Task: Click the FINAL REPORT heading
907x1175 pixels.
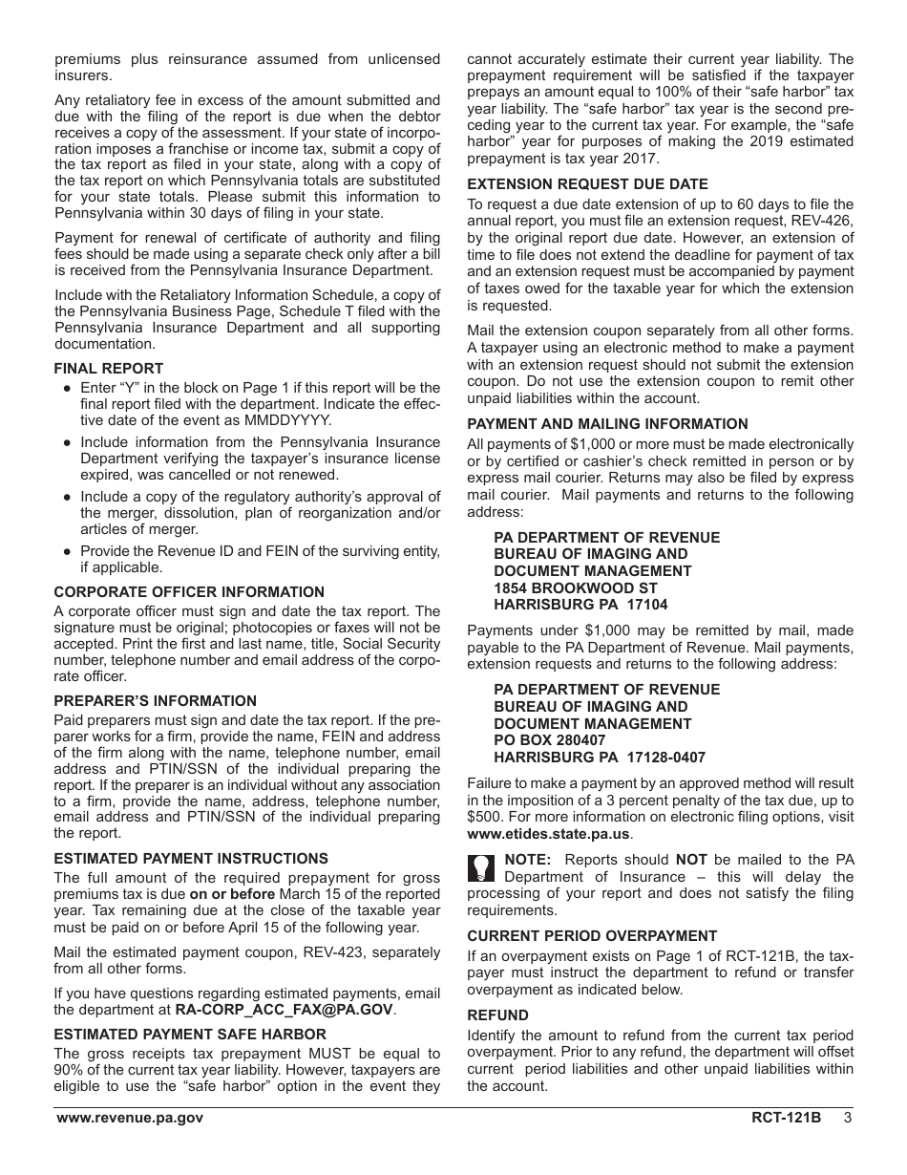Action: (108, 369)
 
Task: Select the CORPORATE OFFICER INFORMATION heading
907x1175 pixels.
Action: (189, 592)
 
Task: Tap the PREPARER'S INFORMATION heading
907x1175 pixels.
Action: (155, 701)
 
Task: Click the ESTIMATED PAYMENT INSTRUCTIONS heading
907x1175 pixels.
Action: (191, 859)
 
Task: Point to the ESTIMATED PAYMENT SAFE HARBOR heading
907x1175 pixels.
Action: (190, 1034)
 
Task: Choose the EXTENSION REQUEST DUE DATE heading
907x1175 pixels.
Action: (587, 184)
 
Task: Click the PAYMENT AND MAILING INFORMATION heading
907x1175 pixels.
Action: (607, 424)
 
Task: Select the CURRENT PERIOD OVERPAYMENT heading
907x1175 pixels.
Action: (592, 936)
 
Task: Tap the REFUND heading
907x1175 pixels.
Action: (497, 1015)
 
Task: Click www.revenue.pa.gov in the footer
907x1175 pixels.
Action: (129, 1118)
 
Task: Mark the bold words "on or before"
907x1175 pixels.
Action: (232, 894)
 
